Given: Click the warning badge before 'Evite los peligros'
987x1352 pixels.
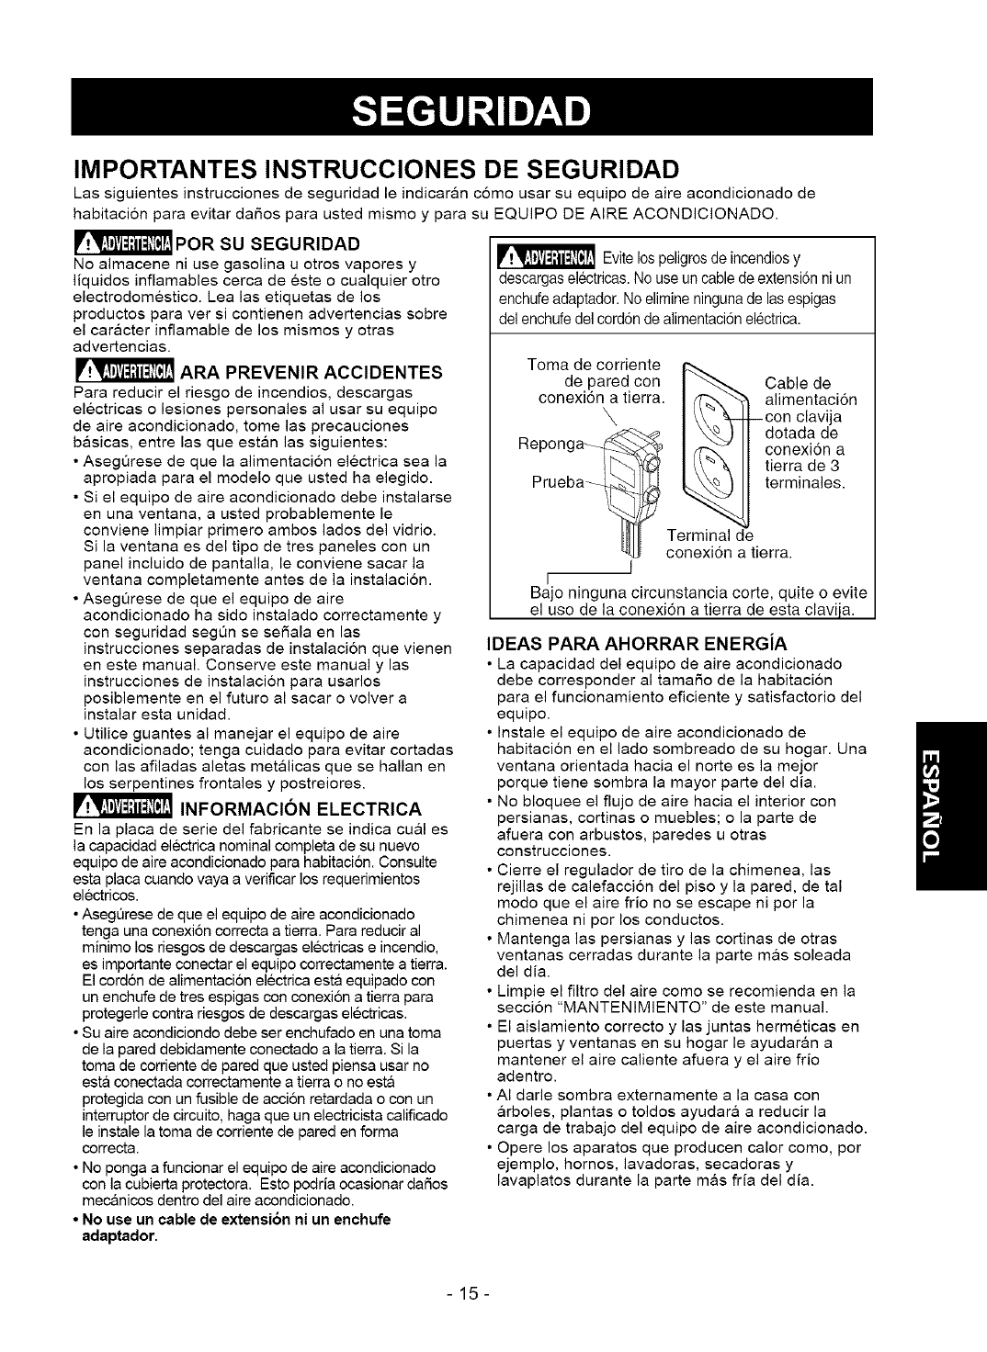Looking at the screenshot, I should (x=544, y=254).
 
